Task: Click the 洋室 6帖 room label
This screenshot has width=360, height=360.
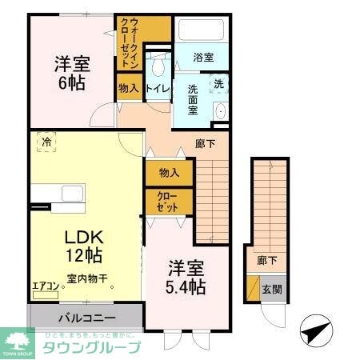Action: click(71, 71)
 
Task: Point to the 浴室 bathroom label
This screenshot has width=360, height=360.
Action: click(204, 58)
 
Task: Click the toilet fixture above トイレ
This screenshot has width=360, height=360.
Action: click(158, 63)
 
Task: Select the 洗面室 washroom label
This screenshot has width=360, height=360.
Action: click(193, 100)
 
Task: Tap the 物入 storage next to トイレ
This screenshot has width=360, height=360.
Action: click(128, 88)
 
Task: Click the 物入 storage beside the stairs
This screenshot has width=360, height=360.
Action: click(169, 172)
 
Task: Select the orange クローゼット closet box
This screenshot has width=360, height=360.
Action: click(169, 201)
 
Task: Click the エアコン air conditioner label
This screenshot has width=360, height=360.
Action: click(46, 284)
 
